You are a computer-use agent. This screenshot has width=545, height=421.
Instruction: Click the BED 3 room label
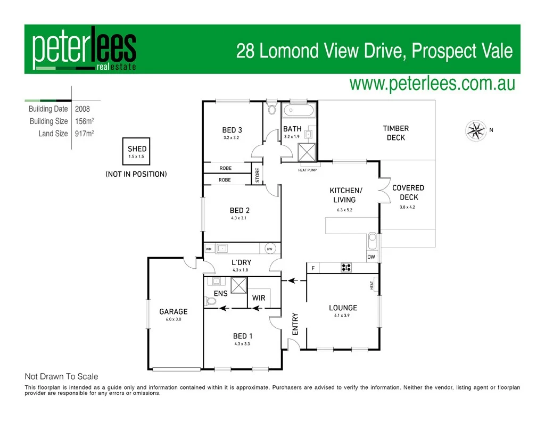232,130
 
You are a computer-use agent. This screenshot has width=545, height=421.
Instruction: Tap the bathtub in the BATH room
299,111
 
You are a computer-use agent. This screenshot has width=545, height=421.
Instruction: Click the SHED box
137,152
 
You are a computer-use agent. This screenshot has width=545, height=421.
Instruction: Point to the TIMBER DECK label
396,133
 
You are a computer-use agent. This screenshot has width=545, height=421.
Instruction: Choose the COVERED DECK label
408,192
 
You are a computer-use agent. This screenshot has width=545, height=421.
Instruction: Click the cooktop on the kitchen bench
346,268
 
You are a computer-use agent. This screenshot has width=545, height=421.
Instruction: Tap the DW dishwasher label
371,257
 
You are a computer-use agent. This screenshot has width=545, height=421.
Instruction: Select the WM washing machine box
209,249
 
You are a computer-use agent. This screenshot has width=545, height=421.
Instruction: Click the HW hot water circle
269,249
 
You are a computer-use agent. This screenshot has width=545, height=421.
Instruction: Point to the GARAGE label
174,311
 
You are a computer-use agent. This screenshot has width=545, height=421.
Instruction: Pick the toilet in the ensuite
211,301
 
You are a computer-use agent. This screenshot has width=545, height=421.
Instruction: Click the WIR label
259,298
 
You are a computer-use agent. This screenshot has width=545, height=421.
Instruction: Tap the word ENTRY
295,324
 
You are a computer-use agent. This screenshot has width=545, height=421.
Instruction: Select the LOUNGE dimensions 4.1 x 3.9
343,316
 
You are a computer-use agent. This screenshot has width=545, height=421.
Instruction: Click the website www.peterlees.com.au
432,84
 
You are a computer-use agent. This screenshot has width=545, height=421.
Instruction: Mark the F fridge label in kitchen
313,268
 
